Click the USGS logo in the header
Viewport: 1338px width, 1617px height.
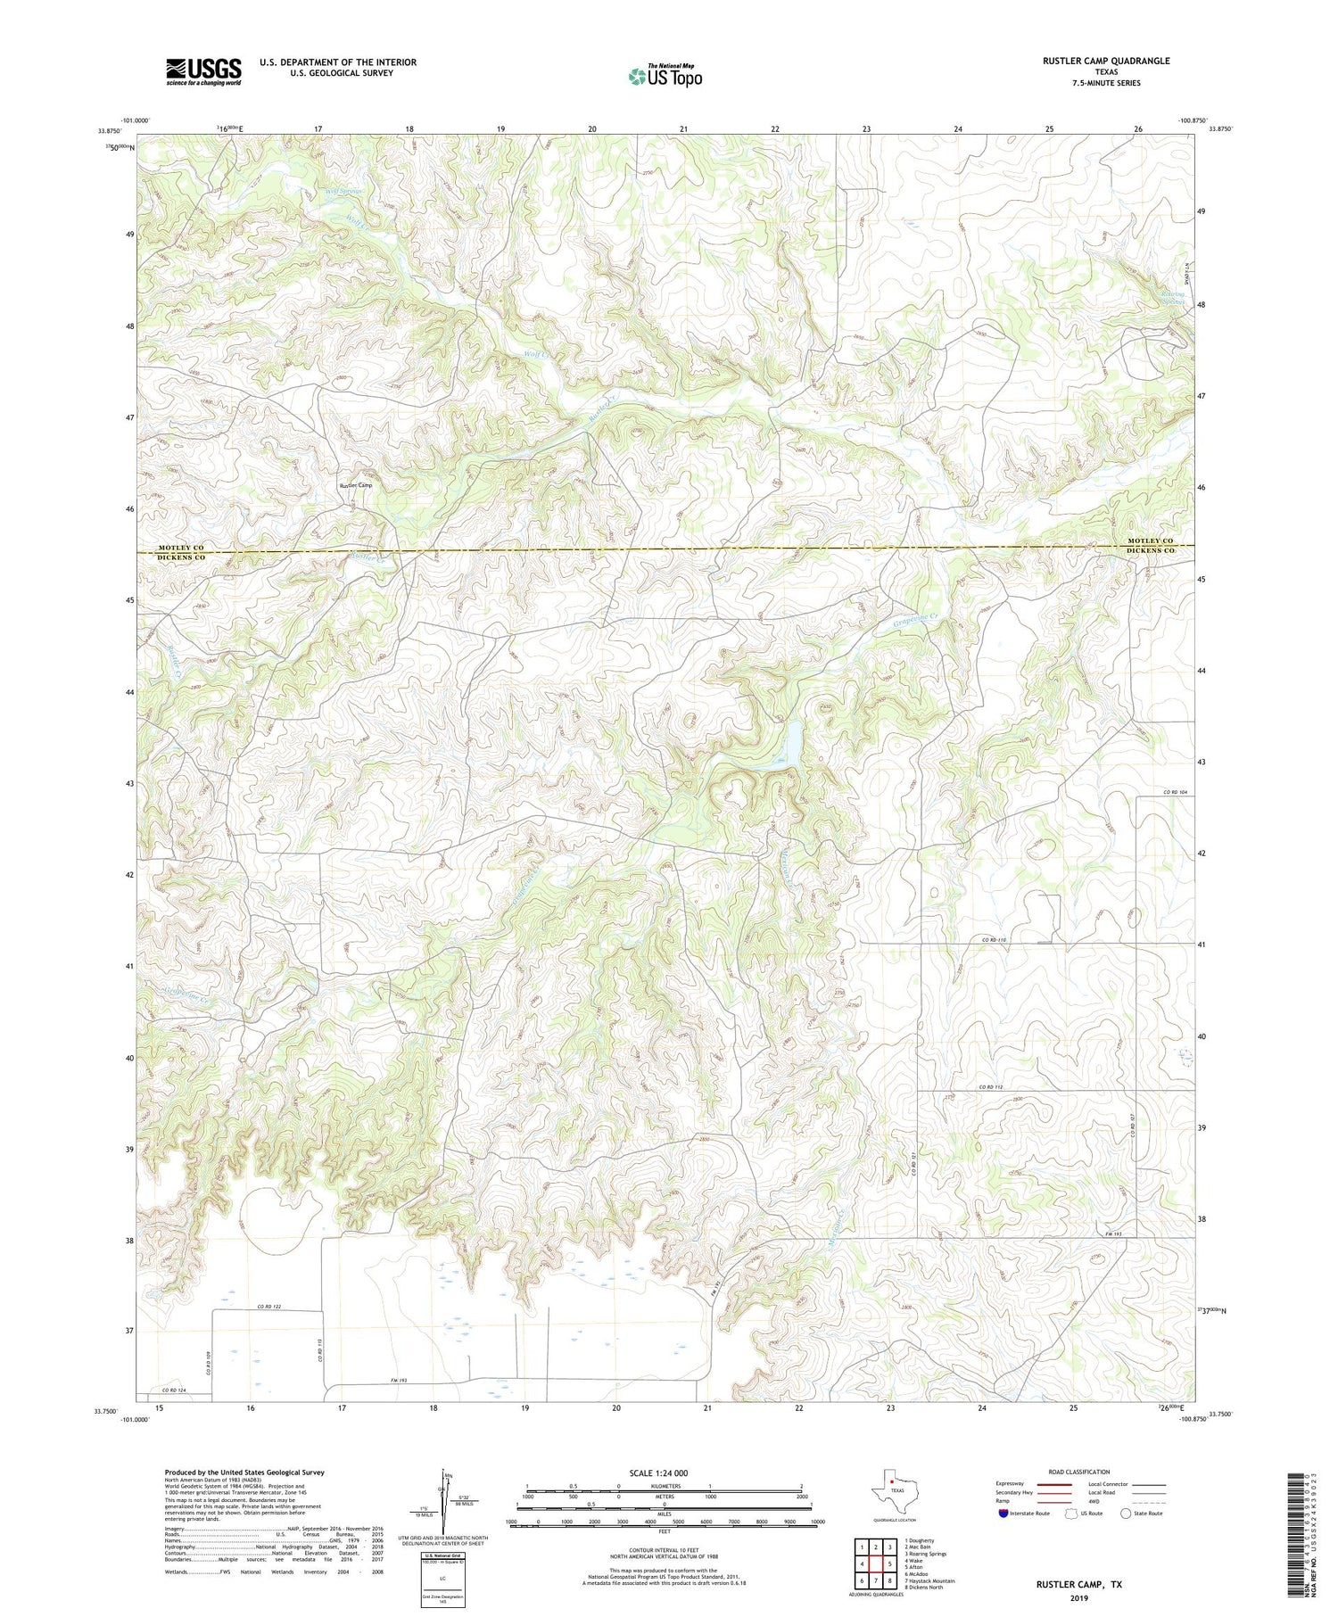tap(203, 71)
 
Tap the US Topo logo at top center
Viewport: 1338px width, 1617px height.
tap(665, 76)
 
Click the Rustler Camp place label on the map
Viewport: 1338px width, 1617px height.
tap(355, 485)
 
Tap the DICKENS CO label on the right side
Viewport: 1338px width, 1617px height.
tap(1150, 551)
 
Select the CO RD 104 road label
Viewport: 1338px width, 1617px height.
tap(1177, 793)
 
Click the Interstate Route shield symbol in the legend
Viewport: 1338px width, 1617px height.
tap(1003, 1514)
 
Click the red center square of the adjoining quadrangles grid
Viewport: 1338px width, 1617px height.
tap(878, 1563)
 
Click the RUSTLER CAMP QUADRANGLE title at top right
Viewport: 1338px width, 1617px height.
tap(1106, 61)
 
